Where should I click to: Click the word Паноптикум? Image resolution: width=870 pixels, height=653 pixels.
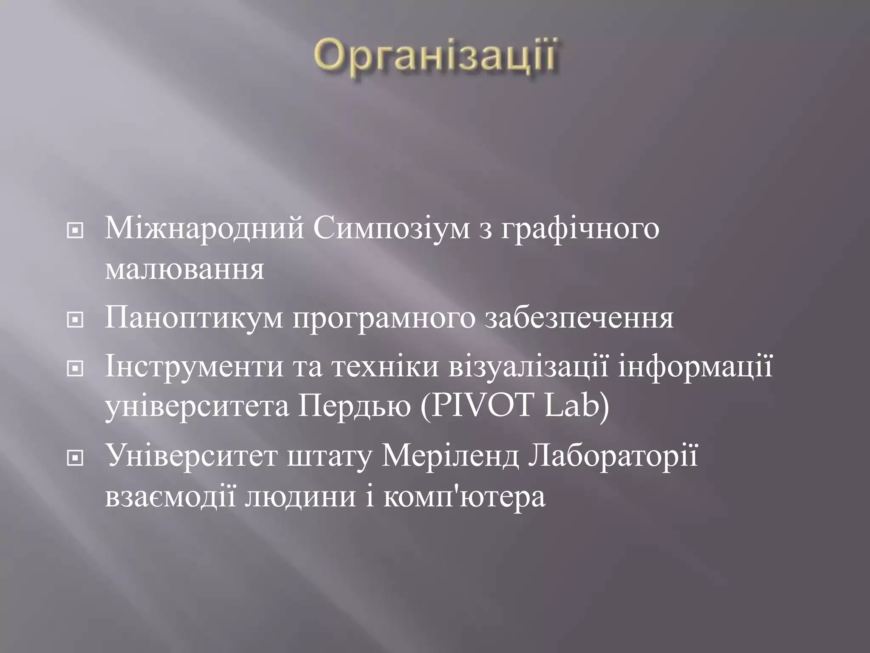(193, 318)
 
